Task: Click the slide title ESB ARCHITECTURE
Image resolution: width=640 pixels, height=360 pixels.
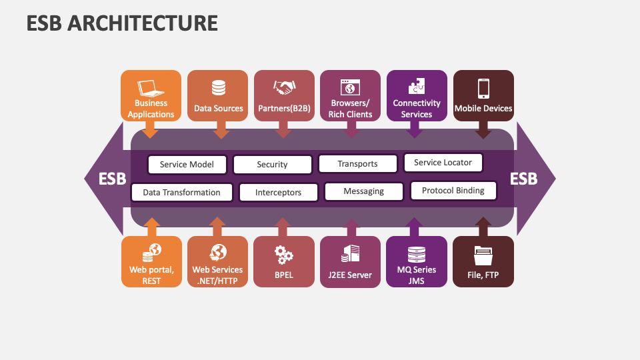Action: point(122,23)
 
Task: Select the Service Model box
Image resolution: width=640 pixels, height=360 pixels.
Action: point(187,165)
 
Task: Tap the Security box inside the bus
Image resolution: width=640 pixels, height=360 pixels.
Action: point(272,165)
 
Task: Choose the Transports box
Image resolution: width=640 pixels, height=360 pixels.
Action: point(357,164)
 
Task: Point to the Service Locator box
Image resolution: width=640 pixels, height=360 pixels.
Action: point(443,163)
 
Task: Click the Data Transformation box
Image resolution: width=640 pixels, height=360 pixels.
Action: point(182,193)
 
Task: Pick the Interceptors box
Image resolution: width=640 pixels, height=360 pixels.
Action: point(278,193)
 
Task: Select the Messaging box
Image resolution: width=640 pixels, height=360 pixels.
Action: point(363,191)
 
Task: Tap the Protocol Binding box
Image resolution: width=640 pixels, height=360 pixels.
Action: point(453,191)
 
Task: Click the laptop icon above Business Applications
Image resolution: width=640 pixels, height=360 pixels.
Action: point(151,88)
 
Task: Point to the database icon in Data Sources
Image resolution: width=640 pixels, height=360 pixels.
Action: point(218,88)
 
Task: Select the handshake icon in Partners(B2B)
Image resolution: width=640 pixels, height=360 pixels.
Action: point(284,87)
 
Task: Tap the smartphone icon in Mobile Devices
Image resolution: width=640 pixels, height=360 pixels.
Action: point(483,88)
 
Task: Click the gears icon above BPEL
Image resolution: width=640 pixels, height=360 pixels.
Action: point(284,253)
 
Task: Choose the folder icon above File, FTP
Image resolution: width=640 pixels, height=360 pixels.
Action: point(483,254)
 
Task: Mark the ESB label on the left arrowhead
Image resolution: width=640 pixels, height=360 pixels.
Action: point(112,179)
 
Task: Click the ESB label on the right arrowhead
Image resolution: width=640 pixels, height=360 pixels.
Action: point(524,179)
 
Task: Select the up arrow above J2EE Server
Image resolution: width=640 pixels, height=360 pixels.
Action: point(350,227)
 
